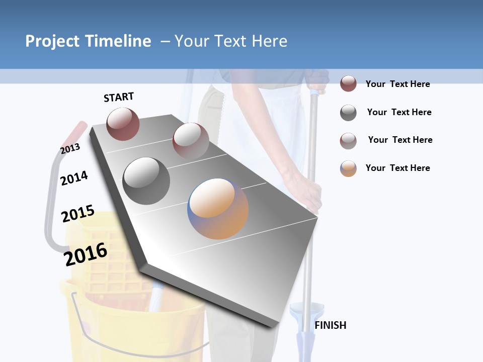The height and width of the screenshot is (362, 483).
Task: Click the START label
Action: (x=119, y=97)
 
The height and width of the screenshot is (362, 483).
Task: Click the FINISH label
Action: (x=330, y=325)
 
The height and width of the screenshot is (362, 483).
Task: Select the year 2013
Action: (x=70, y=148)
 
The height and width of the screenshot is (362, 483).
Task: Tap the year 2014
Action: (x=74, y=178)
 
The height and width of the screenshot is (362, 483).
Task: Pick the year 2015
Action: (x=78, y=214)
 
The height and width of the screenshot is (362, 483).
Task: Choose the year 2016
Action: (x=86, y=254)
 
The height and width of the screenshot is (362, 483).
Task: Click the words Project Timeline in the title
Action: (x=88, y=41)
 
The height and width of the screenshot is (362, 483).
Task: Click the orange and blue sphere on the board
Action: (x=218, y=209)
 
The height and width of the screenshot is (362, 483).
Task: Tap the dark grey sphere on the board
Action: (x=146, y=180)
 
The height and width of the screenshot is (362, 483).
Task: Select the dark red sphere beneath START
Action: (x=123, y=124)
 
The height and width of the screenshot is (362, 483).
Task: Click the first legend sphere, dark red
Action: (x=348, y=84)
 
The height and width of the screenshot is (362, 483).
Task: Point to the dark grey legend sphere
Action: (x=348, y=113)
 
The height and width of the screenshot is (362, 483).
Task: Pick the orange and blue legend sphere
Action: (x=348, y=168)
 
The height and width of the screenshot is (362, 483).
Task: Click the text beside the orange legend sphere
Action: (x=397, y=168)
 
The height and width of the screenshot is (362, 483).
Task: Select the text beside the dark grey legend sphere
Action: (x=399, y=112)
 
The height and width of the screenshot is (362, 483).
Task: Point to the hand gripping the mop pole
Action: (x=313, y=194)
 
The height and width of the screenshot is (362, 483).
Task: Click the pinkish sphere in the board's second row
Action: (x=191, y=141)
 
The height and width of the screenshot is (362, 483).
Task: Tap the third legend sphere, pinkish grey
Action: (x=348, y=141)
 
